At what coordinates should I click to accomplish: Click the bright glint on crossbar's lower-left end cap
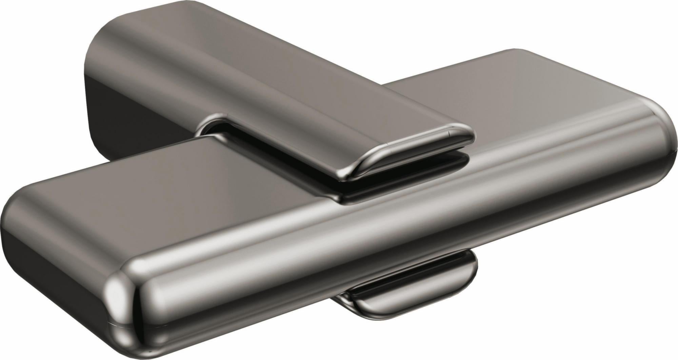117,298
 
